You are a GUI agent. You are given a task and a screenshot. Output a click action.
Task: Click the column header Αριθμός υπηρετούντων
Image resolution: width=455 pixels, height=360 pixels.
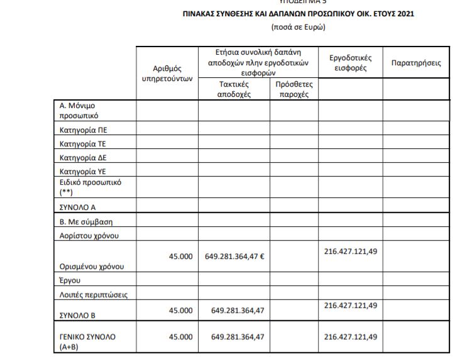point(167,73)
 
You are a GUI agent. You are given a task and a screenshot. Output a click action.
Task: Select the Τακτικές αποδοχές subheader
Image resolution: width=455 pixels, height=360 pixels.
point(234,89)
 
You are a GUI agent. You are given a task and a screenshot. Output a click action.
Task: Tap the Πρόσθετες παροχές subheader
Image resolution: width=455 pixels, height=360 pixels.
point(293,89)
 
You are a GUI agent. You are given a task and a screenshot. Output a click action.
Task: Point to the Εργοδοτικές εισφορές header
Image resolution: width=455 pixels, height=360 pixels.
point(350,63)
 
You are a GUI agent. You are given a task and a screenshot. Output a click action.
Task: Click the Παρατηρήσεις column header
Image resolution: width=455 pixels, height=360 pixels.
point(415,63)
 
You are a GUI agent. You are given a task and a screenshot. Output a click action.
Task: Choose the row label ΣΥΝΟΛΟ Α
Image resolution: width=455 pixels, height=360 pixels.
point(77,206)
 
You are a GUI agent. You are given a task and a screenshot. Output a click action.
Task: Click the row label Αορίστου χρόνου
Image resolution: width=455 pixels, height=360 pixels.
point(85,236)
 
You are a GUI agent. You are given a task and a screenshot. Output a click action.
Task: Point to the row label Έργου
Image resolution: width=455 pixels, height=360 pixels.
point(70,280)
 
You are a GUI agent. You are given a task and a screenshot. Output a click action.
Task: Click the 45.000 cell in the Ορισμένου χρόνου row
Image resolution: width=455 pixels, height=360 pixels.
point(181,256)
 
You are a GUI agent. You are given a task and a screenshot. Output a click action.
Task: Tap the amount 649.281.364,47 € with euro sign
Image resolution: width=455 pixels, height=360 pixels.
point(234,256)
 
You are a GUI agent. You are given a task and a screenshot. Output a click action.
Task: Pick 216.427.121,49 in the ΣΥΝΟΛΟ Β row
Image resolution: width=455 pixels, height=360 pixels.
point(351,305)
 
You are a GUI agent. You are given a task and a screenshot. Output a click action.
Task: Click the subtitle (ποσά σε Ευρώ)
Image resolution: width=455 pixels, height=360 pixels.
point(298,27)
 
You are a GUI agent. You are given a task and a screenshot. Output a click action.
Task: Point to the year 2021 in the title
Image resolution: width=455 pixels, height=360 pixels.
point(405,14)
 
